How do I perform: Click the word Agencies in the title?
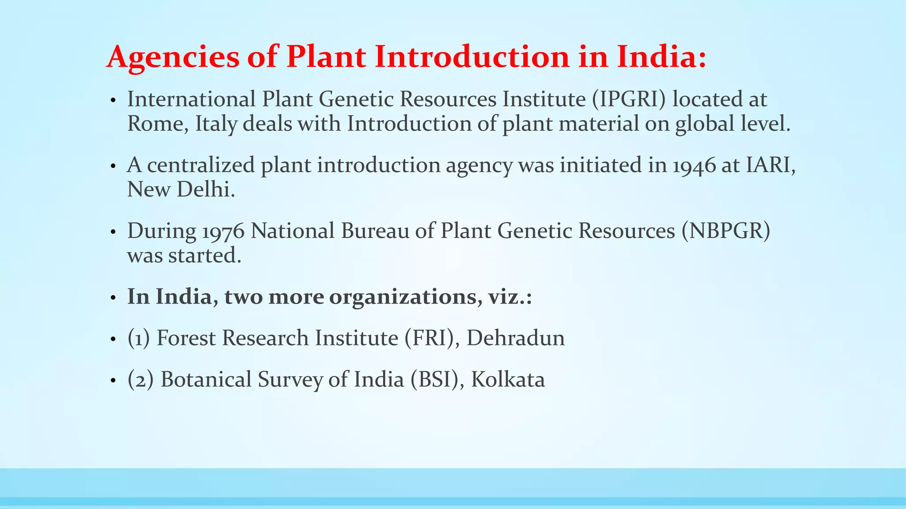(173, 57)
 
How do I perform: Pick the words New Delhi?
(180, 190)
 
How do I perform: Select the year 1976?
(223, 232)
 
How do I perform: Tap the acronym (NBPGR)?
(726, 231)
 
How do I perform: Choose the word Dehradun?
(515, 338)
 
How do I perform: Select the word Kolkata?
(508, 380)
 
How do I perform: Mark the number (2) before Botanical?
(141, 380)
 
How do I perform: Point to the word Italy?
(216, 124)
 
